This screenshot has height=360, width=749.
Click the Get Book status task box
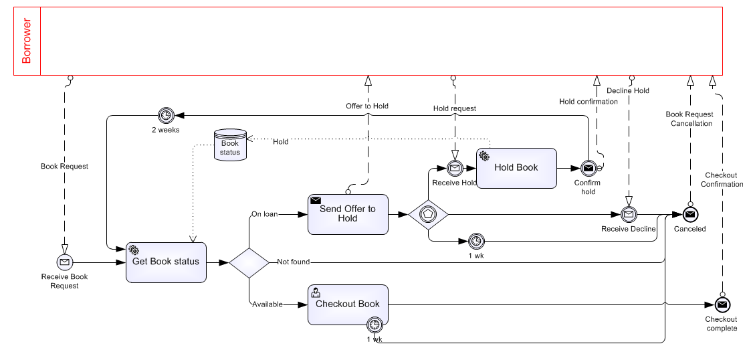click(x=166, y=262)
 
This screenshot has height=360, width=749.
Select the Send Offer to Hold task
click(x=348, y=214)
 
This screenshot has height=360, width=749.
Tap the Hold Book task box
click(x=516, y=168)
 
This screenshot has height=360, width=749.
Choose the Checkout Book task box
click(x=348, y=304)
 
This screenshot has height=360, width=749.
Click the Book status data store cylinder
click(x=230, y=145)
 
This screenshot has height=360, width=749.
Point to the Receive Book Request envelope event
click(x=65, y=262)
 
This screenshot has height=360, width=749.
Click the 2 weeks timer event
click(x=165, y=116)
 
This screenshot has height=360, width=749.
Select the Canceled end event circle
click(x=690, y=215)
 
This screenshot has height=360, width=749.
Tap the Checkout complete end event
click(x=722, y=304)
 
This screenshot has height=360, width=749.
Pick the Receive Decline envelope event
click(x=628, y=215)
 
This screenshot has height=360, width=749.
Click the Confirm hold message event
click(x=588, y=168)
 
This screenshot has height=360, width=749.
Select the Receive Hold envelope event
click(x=455, y=168)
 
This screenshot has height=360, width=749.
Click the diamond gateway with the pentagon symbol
click(x=428, y=215)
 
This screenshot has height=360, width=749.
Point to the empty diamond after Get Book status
click(x=249, y=262)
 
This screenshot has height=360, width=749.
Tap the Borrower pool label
click(x=27, y=41)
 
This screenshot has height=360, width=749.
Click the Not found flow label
click(x=294, y=262)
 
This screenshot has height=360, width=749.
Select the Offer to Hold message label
click(x=367, y=106)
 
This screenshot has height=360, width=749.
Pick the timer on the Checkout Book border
click(x=374, y=325)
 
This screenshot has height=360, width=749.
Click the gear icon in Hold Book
click(x=484, y=157)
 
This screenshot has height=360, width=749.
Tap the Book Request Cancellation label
click(x=689, y=118)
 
